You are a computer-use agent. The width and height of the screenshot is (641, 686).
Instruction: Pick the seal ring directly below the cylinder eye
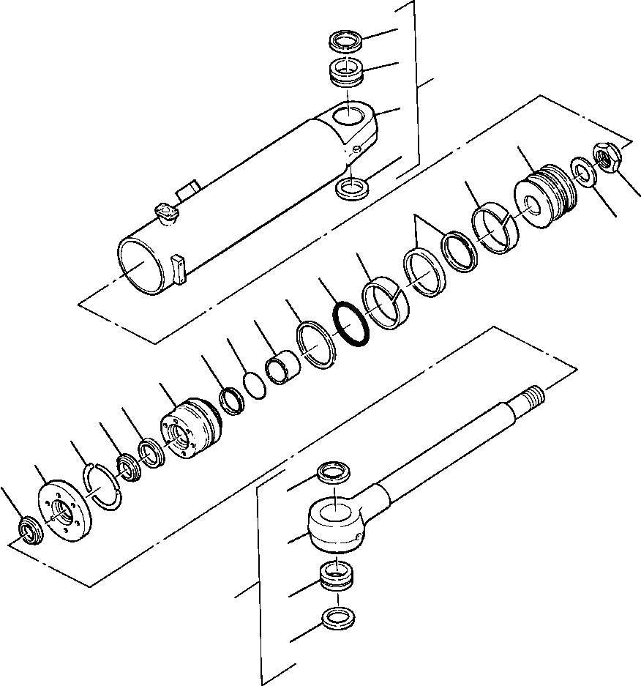click(x=351, y=189)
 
